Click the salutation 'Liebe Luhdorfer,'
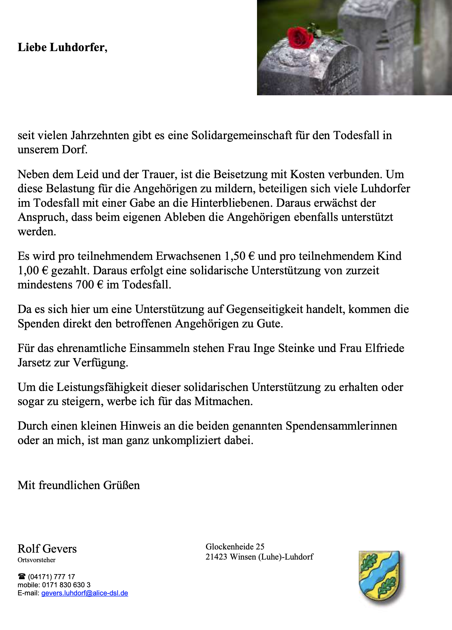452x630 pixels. coord(63,47)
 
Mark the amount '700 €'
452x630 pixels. coord(89,285)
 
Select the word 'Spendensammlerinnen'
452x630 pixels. coord(341,426)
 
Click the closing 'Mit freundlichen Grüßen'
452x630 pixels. coord(79,485)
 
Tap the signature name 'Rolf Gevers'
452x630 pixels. coord(47,549)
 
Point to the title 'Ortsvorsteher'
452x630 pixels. coord(37,560)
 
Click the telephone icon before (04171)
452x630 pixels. coord(22,577)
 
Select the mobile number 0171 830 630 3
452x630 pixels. coord(66,585)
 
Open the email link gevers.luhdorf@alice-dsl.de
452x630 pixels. coord(85,593)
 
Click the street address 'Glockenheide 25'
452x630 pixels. coord(235,547)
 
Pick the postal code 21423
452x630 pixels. coord(216,557)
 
